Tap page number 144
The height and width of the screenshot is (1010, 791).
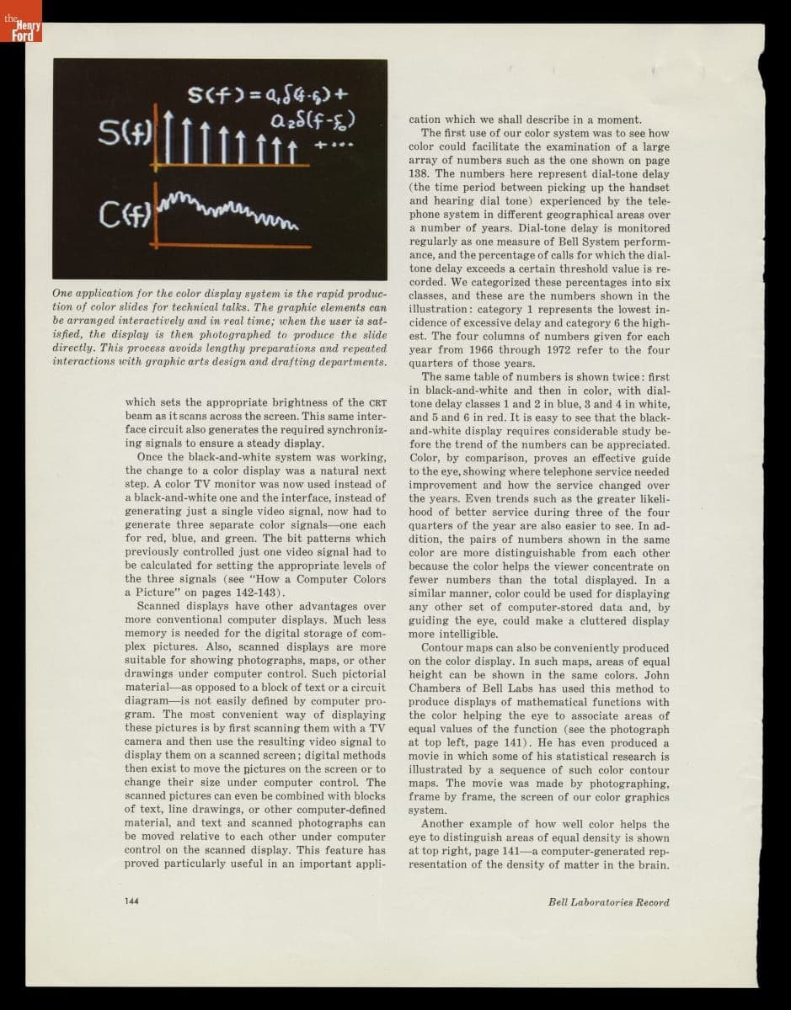click(x=131, y=901)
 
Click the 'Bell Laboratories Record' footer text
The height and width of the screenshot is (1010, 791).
click(x=608, y=901)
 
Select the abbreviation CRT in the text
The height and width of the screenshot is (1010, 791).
click(x=376, y=403)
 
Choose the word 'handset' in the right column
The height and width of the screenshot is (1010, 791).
click(x=648, y=187)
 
